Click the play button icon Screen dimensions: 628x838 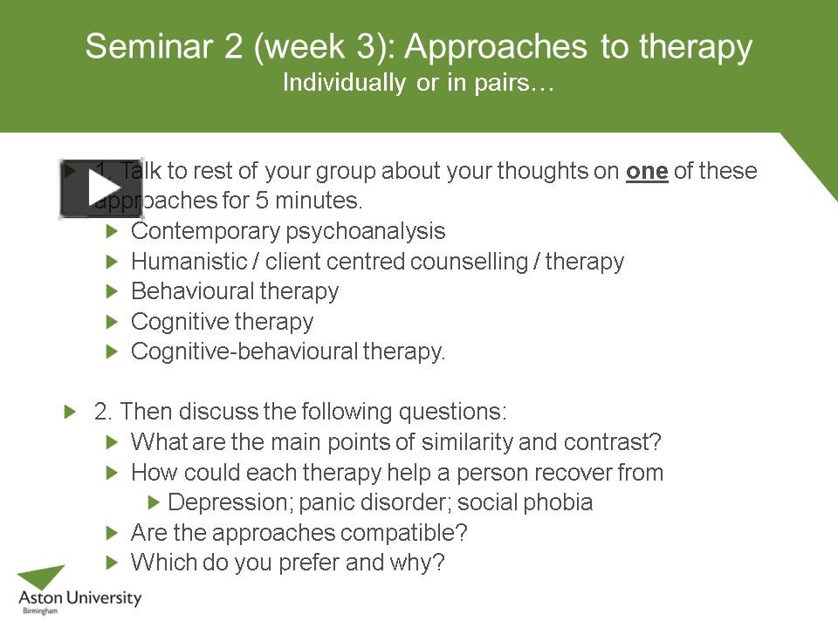click(100, 188)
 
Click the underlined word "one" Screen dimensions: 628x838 click(647, 171)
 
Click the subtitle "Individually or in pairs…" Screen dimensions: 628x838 click(418, 84)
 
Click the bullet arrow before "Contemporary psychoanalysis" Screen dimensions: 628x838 click(111, 232)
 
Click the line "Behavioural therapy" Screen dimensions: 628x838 click(234, 291)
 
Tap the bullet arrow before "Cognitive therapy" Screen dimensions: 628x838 click(111, 322)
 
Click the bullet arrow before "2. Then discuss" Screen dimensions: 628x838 click(71, 412)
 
